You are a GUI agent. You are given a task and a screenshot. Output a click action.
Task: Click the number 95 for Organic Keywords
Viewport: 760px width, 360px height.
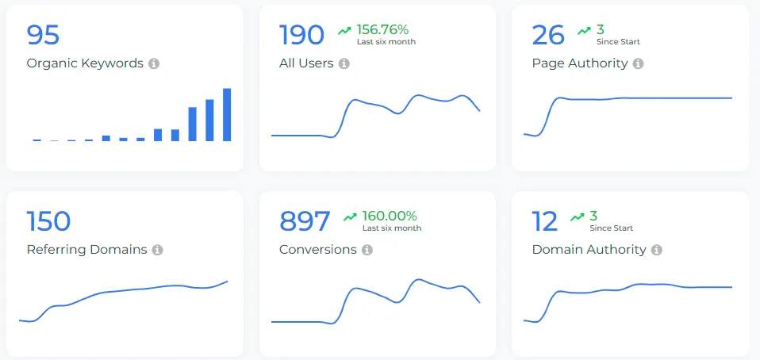coord(43,35)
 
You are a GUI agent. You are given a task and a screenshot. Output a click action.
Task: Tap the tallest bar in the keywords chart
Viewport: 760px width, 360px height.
coord(227,115)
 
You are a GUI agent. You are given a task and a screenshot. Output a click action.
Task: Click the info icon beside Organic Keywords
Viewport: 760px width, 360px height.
coord(154,63)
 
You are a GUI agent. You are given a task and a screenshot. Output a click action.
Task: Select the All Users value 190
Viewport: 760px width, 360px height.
coord(301,35)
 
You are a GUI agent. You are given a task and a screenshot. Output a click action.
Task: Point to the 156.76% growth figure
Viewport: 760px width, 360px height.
coord(382,29)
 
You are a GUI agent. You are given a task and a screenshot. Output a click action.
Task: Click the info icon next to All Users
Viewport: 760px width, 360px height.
coord(344,63)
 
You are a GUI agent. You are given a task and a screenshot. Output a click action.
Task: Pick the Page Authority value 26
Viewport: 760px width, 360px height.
coord(548,35)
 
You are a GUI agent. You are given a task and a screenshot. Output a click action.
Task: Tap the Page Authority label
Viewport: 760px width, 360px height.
coord(579,63)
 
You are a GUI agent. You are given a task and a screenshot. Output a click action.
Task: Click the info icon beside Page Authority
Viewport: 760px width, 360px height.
coord(639,63)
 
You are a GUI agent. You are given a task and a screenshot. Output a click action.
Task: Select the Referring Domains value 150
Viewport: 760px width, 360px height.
coord(48,221)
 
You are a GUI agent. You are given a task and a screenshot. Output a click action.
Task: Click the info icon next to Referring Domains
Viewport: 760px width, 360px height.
coord(158,250)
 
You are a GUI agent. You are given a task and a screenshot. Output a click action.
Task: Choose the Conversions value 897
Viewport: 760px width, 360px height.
coord(305,221)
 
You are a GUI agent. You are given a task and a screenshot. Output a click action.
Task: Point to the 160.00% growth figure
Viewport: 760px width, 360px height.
coord(390,216)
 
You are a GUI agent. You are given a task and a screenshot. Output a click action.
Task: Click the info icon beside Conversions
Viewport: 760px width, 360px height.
coord(367,250)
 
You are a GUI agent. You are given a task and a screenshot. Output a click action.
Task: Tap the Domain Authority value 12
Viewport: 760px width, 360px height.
coord(545,221)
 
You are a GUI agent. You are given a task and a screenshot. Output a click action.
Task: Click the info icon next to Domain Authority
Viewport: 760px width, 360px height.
coord(657,250)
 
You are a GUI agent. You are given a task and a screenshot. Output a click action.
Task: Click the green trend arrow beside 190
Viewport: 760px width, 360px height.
coord(344,30)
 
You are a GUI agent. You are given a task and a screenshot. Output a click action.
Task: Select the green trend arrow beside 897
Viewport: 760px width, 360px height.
coord(350,216)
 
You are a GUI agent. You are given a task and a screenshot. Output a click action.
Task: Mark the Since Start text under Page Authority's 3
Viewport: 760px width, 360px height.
coord(618,42)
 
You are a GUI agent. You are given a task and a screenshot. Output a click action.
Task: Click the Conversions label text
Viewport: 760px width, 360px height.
coord(317,250)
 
